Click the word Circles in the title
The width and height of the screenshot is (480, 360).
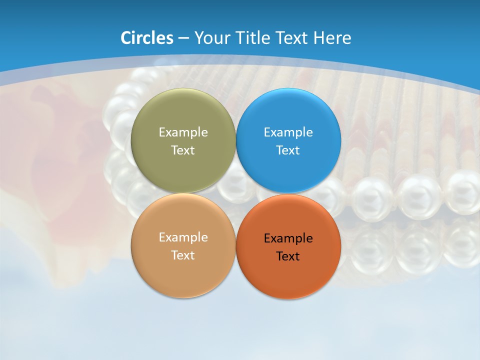(146, 38)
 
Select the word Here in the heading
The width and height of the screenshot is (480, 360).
(332, 38)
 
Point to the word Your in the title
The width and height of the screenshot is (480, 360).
(212, 38)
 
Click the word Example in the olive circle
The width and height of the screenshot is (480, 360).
(183, 132)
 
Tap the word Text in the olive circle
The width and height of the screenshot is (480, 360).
(183, 150)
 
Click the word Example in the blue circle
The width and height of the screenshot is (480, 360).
(288, 132)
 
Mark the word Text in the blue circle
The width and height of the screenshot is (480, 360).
(288, 150)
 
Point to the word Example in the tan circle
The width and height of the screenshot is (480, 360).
(183, 237)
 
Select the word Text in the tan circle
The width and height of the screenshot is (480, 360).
(183, 255)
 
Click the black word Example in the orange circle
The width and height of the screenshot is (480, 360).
(288, 238)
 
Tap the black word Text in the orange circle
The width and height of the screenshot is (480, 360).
(288, 256)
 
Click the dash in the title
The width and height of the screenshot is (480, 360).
(183, 38)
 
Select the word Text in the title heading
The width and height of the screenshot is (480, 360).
(291, 38)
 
